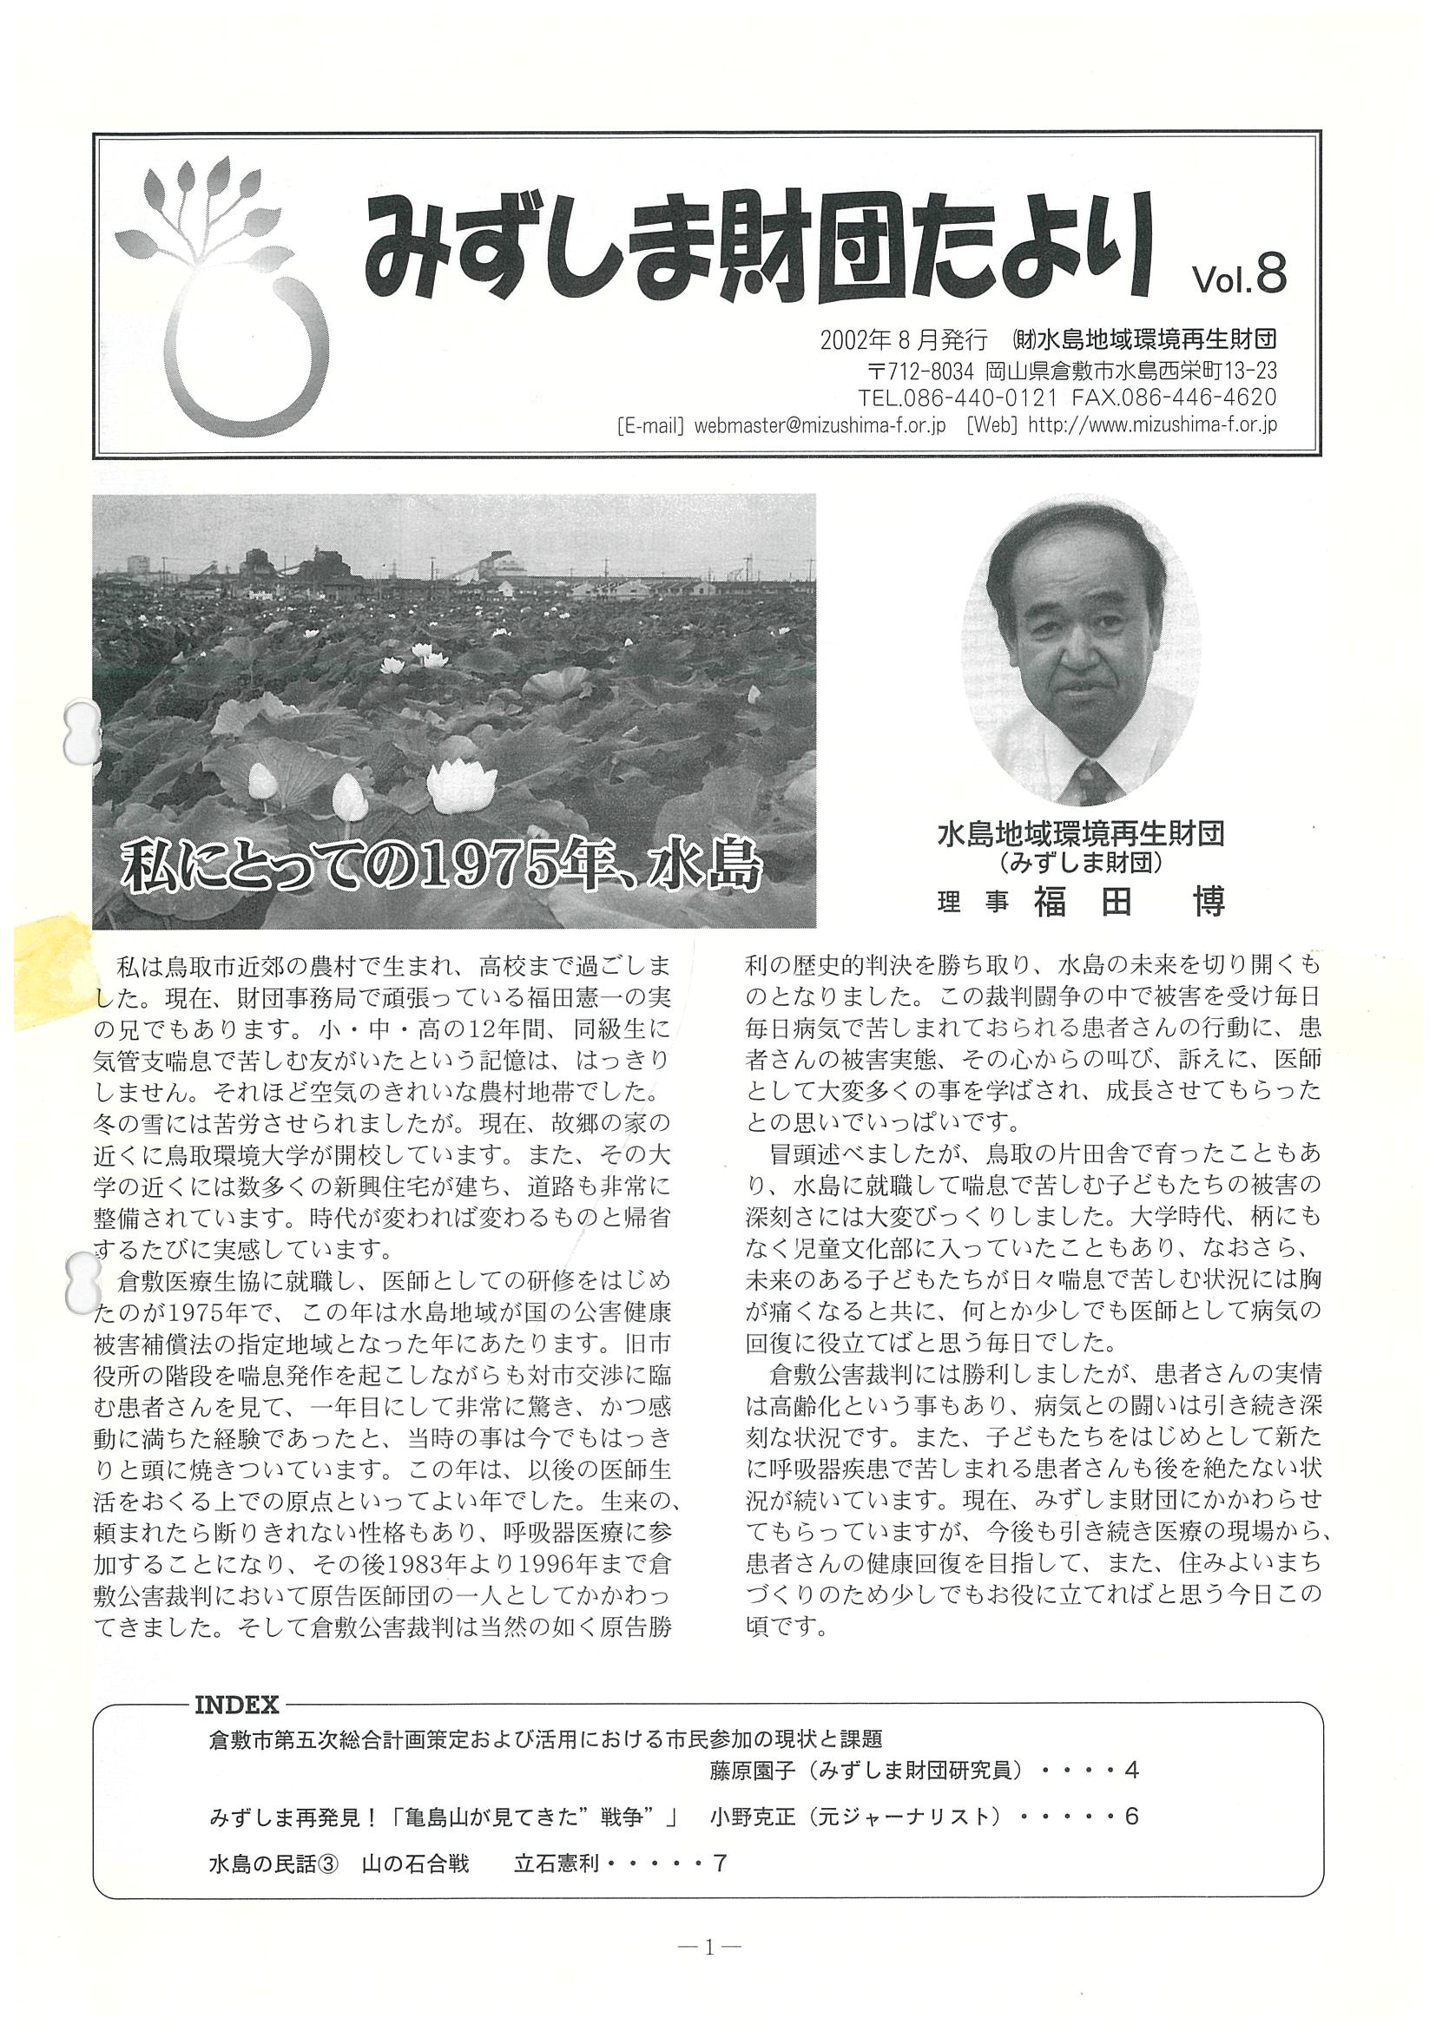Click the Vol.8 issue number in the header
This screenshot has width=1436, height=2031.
pos(1238,278)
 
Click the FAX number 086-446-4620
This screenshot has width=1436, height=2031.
pos(1209,398)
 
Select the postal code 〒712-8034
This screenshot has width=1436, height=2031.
pos(920,370)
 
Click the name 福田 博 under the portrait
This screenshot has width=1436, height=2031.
pos(1128,903)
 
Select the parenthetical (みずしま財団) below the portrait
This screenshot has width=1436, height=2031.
pos(1080,860)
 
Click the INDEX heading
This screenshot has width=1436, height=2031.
pos(236,1704)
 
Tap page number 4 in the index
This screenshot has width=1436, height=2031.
pos(1130,1769)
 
